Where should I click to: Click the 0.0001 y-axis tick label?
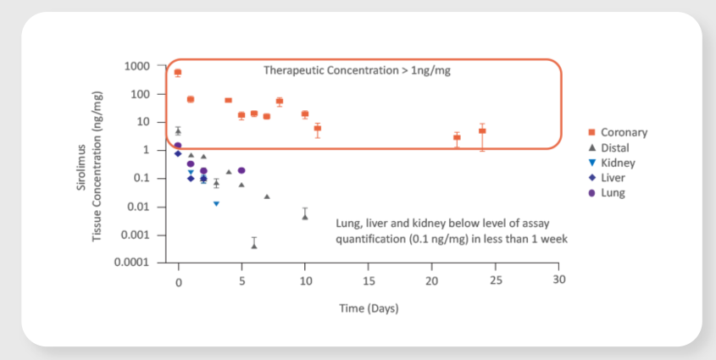(x=131, y=263)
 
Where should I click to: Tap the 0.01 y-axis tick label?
(x=137, y=207)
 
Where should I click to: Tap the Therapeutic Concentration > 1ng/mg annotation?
(x=357, y=70)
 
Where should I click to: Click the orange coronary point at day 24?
(x=482, y=130)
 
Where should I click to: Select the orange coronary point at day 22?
(x=457, y=137)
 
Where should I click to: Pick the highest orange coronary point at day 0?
(x=178, y=73)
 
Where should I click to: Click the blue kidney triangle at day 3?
(x=216, y=203)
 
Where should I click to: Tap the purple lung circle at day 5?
(x=241, y=170)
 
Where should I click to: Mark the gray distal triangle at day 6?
(x=254, y=246)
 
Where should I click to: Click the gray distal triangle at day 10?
(x=305, y=217)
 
